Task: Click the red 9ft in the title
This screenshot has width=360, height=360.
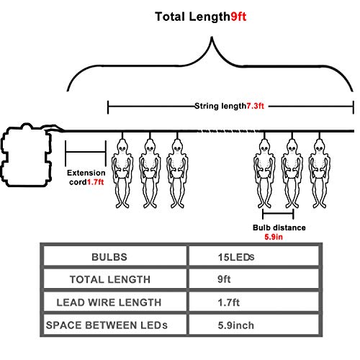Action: tap(238, 17)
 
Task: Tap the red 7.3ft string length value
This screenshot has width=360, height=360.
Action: tap(256, 106)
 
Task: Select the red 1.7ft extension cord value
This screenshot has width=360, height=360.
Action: tap(95, 182)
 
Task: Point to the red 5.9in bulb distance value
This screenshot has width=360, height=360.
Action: tap(274, 237)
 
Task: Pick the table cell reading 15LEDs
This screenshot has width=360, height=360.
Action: tap(236, 257)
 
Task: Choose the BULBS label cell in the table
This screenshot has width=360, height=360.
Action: tap(109, 257)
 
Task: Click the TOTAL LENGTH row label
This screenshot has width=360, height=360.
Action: tap(110, 279)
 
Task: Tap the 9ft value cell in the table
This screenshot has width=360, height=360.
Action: tap(224, 279)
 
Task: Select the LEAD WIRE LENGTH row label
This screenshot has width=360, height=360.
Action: tap(109, 302)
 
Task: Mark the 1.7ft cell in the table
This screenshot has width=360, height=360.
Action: tap(228, 302)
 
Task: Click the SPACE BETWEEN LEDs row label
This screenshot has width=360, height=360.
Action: tap(107, 325)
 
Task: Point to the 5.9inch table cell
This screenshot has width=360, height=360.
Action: tap(235, 325)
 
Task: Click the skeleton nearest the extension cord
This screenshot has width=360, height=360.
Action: tap(122, 173)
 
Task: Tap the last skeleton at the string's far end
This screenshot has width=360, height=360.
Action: tap(320, 173)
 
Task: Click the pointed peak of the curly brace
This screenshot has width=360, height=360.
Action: tap(212, 37)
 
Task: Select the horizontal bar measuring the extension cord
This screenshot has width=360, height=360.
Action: tap(86, 152)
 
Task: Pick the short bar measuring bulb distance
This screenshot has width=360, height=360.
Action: tap(278, 213)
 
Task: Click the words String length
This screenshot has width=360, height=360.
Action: tap(220, 106)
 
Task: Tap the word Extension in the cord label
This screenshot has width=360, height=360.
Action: tap(86, 173)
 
